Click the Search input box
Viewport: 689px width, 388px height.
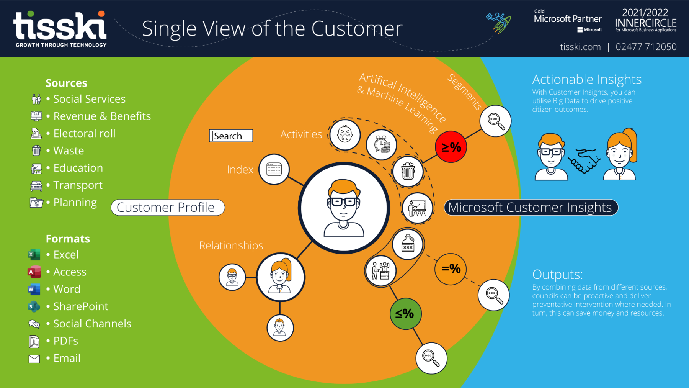(231, 136)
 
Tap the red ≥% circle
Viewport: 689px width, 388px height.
(451, 147)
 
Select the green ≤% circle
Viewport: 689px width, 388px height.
(405, 314)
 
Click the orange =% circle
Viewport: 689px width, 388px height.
(451, 269)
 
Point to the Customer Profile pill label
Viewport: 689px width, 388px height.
(168, 208)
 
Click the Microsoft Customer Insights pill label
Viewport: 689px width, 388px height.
(531, 208)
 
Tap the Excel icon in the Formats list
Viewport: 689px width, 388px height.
(34, 255)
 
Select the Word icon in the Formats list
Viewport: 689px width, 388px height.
(34, 289)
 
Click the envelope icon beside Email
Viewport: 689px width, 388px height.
(34, 359)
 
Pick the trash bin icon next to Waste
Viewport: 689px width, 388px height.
(36, 151)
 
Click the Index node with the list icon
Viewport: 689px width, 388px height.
(274, 169)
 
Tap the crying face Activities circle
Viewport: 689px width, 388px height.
(345, 135)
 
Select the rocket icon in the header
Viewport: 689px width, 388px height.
(499, 22)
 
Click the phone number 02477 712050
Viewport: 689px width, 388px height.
(646, 47)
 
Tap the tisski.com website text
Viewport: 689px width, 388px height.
(580, 47)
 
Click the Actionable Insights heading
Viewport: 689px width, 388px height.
(586, 79)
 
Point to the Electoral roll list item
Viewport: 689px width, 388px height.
(84, 133)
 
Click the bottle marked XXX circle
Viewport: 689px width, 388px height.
(408, 244)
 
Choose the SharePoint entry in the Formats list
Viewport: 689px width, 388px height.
(80, 306)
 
